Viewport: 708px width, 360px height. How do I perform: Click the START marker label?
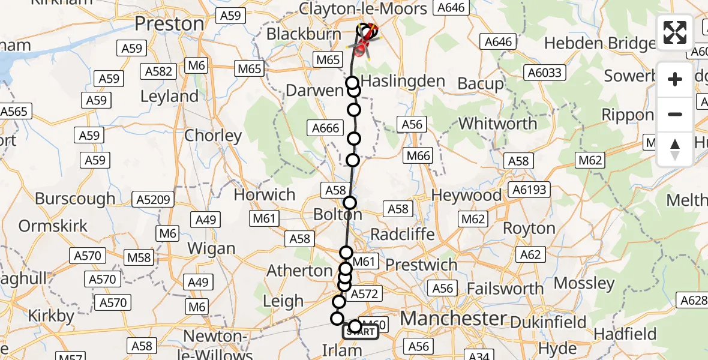pyautogui.click(x=361, y=332)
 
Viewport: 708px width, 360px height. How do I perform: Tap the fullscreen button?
pyautogui.click(x=675, y=32)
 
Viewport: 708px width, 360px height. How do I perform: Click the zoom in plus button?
pyautogui.click(x=675, y=79)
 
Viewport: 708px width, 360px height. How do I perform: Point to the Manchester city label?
pyautogui.click(x=453, y=318)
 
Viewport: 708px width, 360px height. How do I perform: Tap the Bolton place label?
pyautogui.click(x=338, y=214)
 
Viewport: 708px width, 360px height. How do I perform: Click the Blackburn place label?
pyautogui.click(x=304, y=34)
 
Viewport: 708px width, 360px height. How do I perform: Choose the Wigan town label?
pyautogui.click(x=211, y=248)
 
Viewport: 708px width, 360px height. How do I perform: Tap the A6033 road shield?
pyautogui.click(x=544, y=73)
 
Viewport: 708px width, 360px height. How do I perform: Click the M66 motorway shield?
pyautogui.click(x=418, y=156)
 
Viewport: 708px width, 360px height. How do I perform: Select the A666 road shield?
pyautogui.click(x=326, y=127)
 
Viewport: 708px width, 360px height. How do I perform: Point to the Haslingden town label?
pyautogui.click(x=404, y=82)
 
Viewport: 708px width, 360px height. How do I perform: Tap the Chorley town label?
pyautogui.click(x=213, y=136)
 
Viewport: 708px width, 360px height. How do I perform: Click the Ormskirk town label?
pyautogui.click(x=53, y=226)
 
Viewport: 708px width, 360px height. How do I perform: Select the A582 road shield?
pyautogui.click(x=160, y=71)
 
